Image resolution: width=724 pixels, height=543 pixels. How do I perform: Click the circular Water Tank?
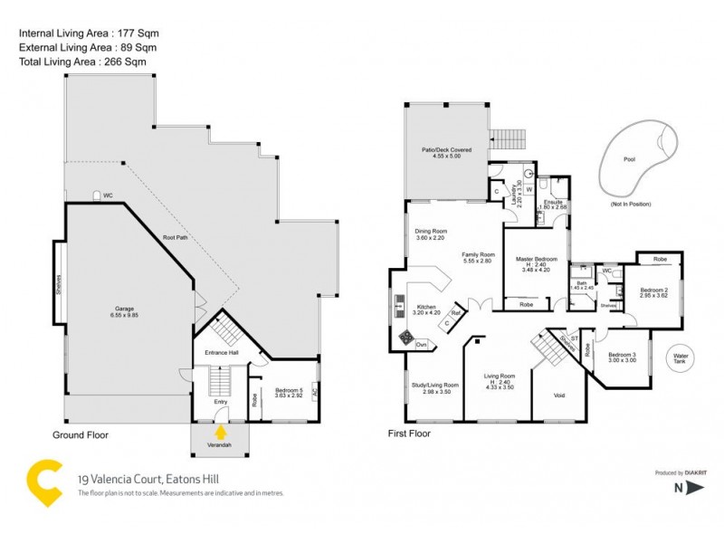click(x=681, y=359)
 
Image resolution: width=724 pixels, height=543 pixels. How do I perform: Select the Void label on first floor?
click(x=559, y=395)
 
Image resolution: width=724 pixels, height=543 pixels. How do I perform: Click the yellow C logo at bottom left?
click(x=45, y=482)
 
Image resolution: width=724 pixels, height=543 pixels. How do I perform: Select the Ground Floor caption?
click(x=80, y=435)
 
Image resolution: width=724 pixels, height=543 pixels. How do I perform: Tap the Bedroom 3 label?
click(x=623, y=357)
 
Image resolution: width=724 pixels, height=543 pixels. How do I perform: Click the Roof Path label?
click(x=176, y=237)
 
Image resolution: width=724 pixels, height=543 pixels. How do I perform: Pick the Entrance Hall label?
click(x=222, y=351)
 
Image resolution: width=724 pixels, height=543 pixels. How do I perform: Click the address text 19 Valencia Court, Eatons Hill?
click(x=149, y=480)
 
